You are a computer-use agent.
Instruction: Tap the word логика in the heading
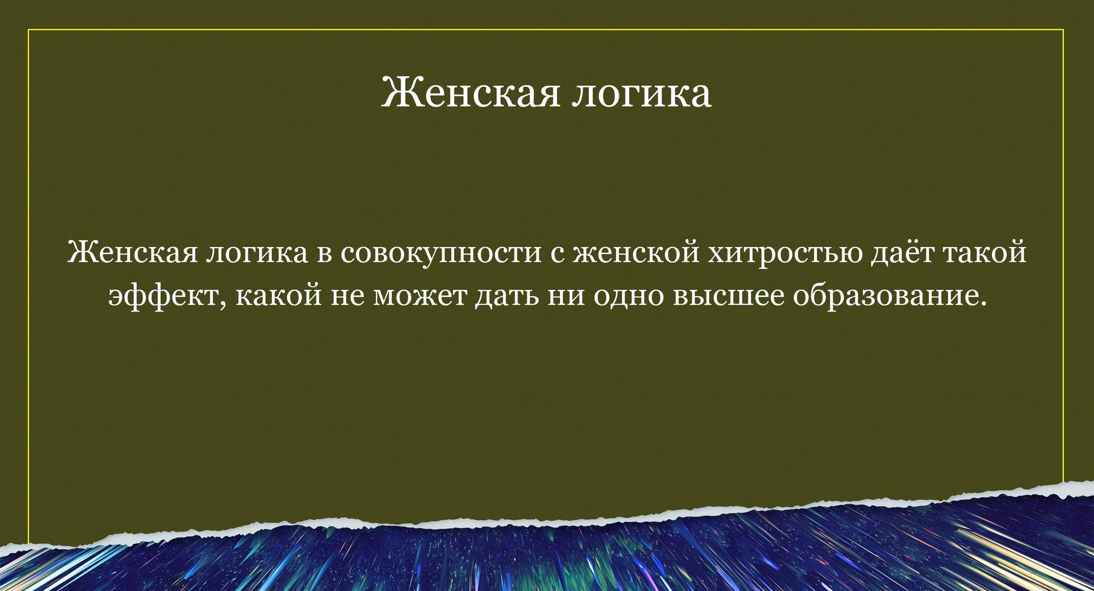(641, 95)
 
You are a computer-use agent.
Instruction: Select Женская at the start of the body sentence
(132, 252)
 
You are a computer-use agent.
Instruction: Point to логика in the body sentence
(255, 255)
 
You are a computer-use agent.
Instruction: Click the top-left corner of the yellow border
(28, 30)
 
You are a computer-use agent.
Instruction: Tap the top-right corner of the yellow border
(1063, 30)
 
